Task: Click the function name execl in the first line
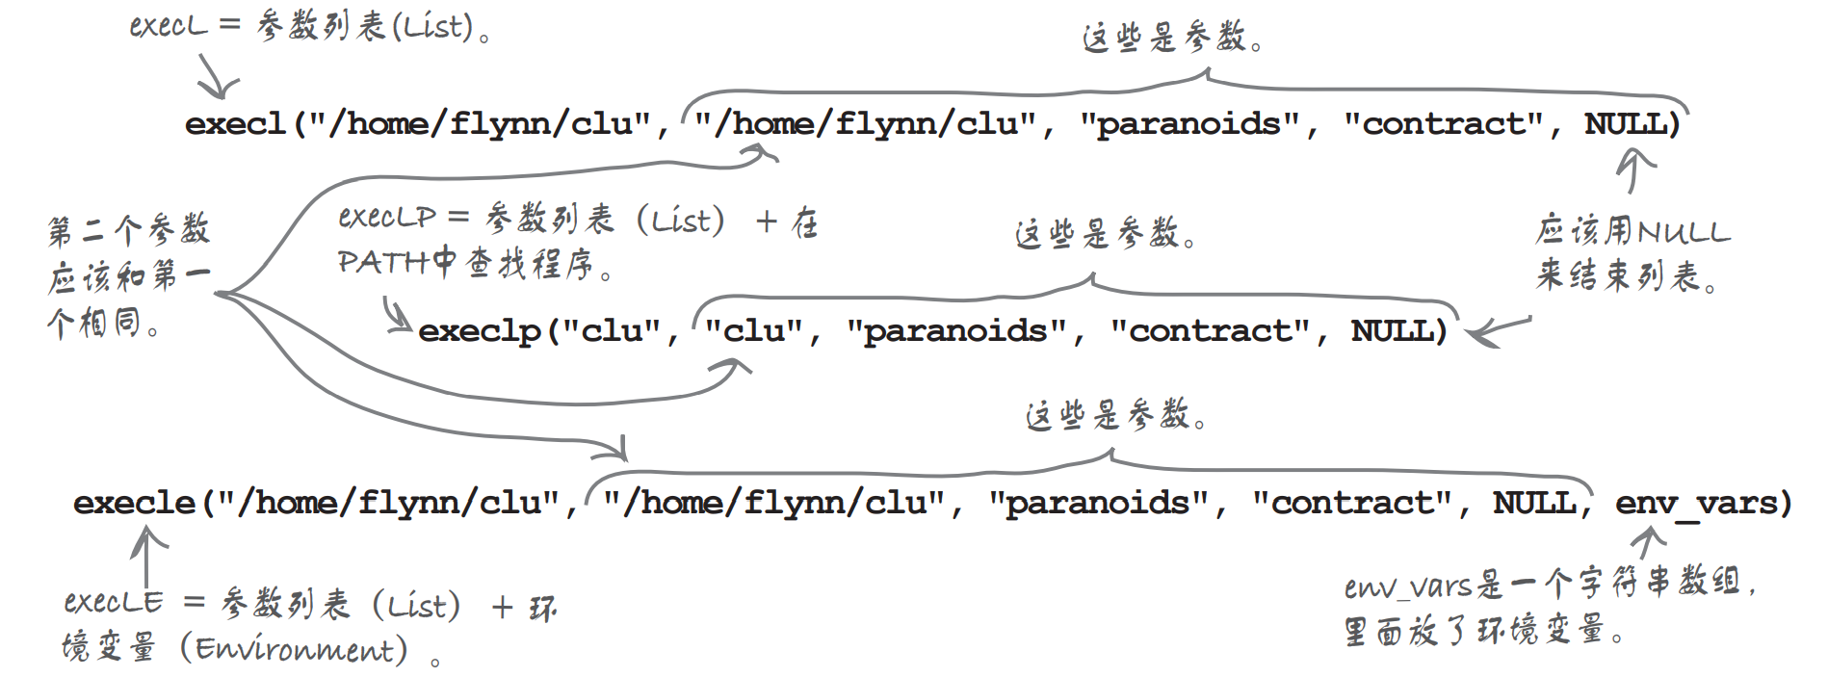point(235,124)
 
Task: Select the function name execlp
point(480,331)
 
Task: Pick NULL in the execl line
point(1626,124)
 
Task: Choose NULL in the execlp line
point(1393,331)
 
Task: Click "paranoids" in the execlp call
point(956,331)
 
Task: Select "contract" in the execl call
point(1444,124)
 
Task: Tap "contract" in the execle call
point(1352,503)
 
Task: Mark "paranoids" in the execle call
point(1098,503)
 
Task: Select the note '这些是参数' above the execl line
point(1171,39)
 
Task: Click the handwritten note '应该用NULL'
point(1632,231)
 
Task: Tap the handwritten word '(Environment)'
point(300,650)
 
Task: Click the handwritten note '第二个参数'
point(128,230)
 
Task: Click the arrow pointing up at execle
point(146,557)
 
